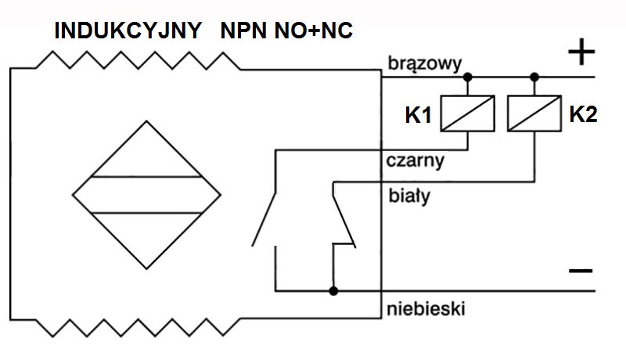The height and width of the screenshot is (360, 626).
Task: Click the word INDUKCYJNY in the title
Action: [x=128, y=31]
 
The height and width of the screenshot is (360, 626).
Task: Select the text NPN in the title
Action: [x=243, y=31]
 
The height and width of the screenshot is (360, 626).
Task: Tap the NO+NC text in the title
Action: [x=314, y=31]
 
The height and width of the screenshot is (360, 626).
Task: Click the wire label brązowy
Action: [x=425, y=64]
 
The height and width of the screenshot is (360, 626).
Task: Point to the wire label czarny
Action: [x=416, y=161]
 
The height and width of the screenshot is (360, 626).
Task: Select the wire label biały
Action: [x=409, y=196]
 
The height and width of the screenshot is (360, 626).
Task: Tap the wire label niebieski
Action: [x=426, y=309]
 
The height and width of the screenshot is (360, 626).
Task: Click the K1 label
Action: [x=419, y=115]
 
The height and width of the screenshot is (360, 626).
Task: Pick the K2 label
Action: [x=583, y=114]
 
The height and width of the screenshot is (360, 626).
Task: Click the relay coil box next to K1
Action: [x=467, y=113]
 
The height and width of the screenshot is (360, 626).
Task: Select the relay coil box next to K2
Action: [x=534, y=113]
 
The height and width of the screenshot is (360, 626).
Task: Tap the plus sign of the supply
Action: [x=581, y=52]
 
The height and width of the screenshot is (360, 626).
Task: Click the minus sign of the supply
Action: [x=581, y=271]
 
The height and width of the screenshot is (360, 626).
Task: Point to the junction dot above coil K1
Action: [x=467, y=77]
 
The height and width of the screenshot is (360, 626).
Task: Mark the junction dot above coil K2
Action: [x=534, y=77]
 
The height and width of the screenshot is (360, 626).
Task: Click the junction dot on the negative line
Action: [x=333, y=291]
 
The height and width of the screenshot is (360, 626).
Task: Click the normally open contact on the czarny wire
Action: [x=264, y=219]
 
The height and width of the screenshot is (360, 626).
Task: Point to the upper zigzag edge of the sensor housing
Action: [x=138, y=59]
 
